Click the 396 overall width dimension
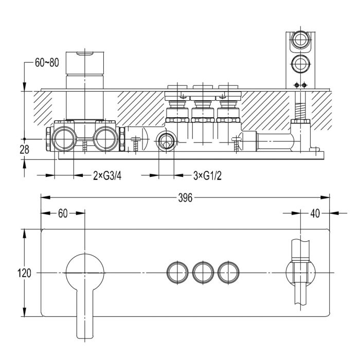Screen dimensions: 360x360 click(x=185, y=198)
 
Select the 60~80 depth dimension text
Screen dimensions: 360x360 click(x=47, y=63)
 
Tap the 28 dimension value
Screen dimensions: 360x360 click(x=24, y=150)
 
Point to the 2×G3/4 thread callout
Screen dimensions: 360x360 click(x=107, y=176)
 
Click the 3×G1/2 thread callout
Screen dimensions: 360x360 click(x=207, y=176)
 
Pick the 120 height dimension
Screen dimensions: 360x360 click(x=24, y=273)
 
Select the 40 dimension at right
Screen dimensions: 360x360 click(x=315, y=213)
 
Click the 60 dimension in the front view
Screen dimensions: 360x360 click(x=63, y=213)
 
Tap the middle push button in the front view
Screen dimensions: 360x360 click(x=203, y=272)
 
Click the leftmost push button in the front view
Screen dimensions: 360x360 click(x=177, y=272)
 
